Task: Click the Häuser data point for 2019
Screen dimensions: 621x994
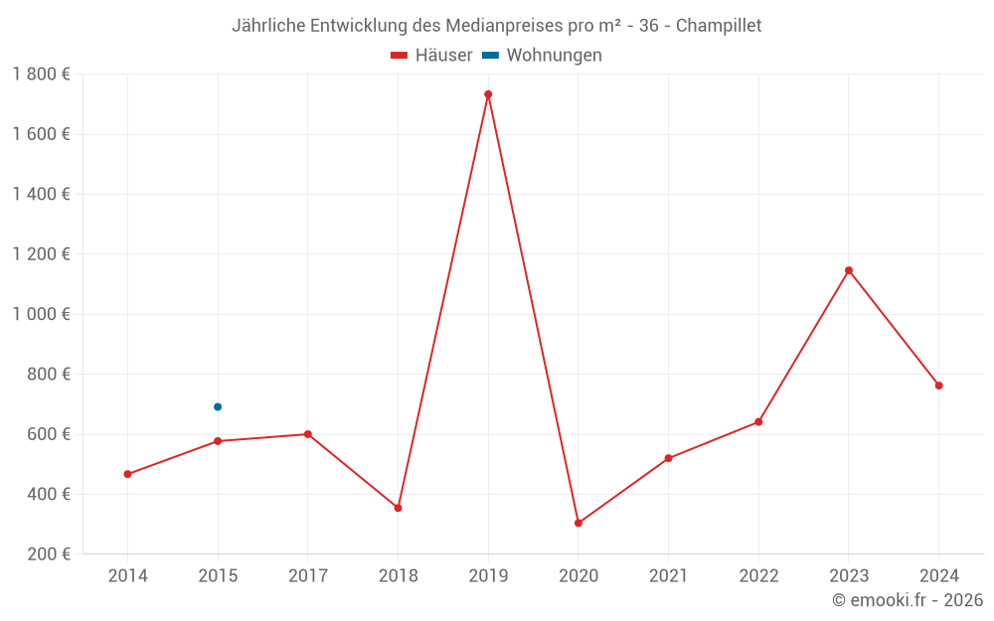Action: (x=488, y=94)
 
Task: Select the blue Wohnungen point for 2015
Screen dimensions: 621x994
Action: (x=218, y=406)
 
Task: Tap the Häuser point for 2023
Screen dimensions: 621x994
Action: (x=849, y=270)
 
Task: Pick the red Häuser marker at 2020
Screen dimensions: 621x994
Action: (x=579, y=523)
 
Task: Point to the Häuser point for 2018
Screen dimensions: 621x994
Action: (x=398, y=508)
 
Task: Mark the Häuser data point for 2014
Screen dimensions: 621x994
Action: (x=127, y=474)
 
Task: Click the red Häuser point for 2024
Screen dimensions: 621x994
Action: (x=938, y=386)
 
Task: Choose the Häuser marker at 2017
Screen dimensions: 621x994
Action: (x=308, y=434)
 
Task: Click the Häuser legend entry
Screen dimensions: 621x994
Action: (x=431, y=56)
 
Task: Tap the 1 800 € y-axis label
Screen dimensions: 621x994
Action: (x=42, y=75)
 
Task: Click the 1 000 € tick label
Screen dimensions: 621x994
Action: (x=42, y=314)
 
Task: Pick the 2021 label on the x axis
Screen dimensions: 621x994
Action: (x=668, y=575)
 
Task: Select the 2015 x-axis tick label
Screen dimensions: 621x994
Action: (x=218, y=575)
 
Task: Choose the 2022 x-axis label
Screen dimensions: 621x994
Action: (x=758, y=575)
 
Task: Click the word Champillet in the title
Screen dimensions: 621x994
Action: (x=719, y=26)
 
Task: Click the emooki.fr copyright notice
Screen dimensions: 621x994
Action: (x=908, y=600)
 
